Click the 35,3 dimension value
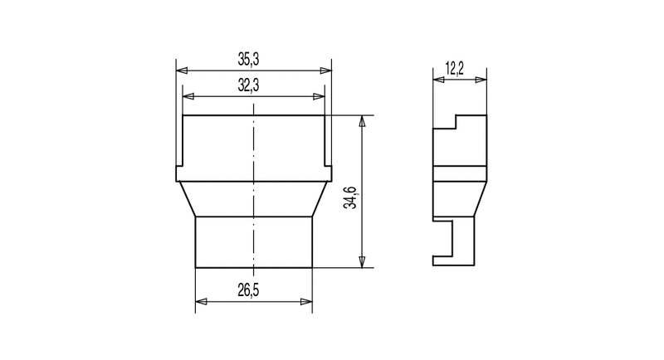pos(248,60)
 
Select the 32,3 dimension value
pos(248,85)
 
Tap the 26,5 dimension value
pos(248,290)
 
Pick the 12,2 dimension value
pos(455,68)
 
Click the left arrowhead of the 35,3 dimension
pos(182,71)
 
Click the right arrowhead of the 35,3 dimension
pos(325,71)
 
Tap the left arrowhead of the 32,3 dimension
pos(188,96)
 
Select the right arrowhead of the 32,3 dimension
pos(319,96)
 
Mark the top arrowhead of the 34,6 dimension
pos(362,121)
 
